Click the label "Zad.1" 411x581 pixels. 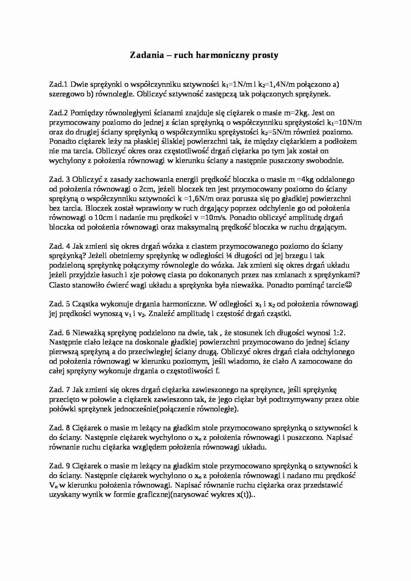pyautogui.click(x=58, y=84)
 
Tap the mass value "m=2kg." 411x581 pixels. pyautogui.click(x=298, y=113)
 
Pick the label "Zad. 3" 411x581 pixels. pyautogui.click(x=60, y=180)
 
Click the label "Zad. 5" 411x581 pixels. pyautogui.click(x=60, y=304)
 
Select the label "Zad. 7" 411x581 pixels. pyautogui.click(x=60, y=390)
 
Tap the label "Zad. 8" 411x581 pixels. pyautogui.click(x=60, y=428)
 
